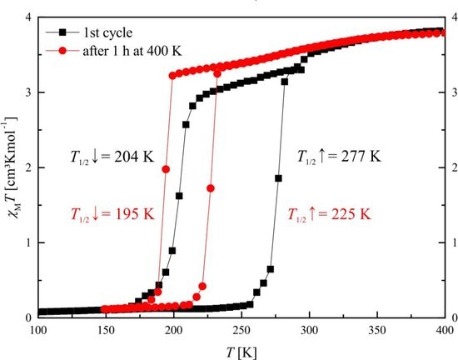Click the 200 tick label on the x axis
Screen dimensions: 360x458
click(x=173, y=330)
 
